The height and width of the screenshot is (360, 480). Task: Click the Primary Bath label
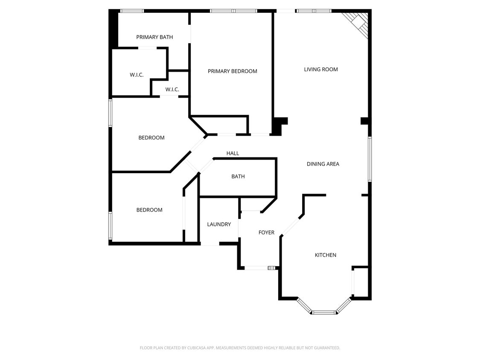[154, 37]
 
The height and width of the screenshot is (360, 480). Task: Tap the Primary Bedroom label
[232, 71]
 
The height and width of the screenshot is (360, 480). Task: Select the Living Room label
[321, 70]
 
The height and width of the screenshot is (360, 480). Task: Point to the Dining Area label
[323, 164]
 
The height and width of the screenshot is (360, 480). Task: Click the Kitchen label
[326, 255]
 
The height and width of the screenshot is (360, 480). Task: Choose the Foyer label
[266, 232]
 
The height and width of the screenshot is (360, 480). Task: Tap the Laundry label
[219, 224]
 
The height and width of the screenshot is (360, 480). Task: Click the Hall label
[233, 153]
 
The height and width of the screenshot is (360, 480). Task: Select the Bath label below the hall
[238, 177]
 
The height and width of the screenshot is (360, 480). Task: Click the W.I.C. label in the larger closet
[137, 75]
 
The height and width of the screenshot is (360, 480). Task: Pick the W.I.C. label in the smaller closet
[172, 90]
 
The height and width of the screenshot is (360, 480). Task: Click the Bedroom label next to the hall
[151, 138]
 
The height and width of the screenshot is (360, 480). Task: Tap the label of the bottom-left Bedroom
[149, 210]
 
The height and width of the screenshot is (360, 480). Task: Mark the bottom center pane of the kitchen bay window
[324, 313]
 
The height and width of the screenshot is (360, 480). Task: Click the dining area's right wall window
[369, 159]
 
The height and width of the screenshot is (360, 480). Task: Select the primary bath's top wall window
[131, 11]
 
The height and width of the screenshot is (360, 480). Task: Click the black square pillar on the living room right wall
[364, 121]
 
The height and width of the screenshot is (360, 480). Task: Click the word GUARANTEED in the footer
[325, 348]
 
